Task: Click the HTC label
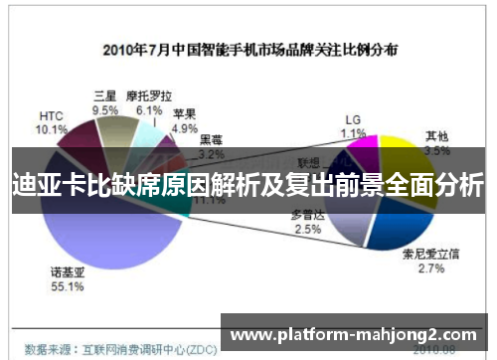click(x=51, y=115)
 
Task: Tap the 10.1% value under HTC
click(x=51, y=129)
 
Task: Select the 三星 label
click(x=104, y=96)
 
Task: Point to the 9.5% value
click(x=104, y=110)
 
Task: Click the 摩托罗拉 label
click(x=148, y=96)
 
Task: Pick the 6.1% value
click(x=148, y=110)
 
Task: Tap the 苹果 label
click(x=184, y=114)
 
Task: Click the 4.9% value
click(x=185, y=128)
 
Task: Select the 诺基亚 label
click(x=68, y=271)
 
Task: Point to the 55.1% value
click(x=68, y=286)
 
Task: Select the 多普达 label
click(x=307, y=215)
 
